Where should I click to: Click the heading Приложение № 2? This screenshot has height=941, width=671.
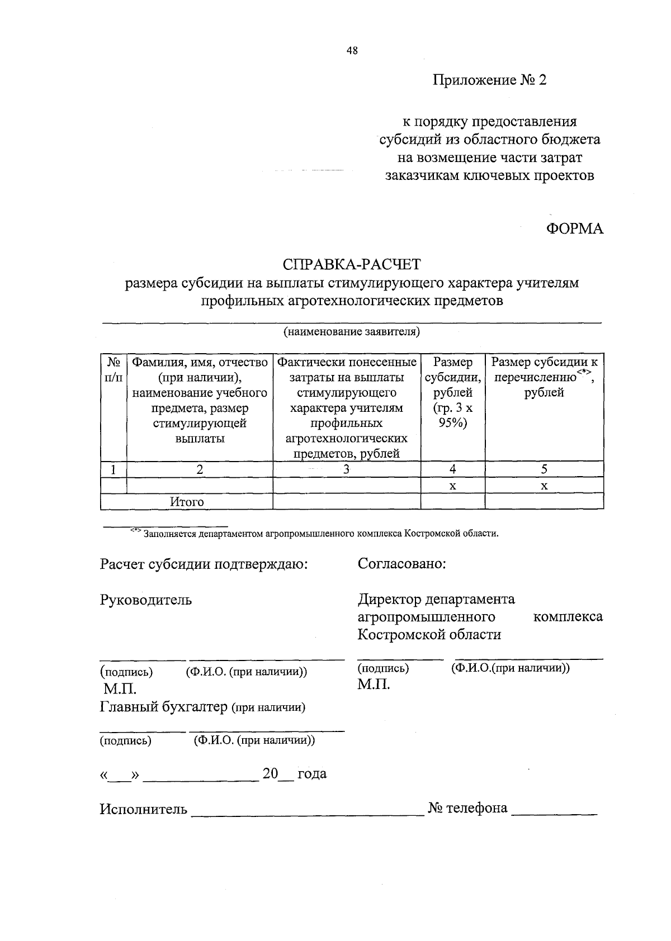point(489,80)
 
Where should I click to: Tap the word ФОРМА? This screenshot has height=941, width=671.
point(575,229)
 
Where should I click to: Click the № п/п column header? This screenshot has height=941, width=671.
point(114,370)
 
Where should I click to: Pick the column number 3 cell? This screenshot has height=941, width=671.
point(346,469)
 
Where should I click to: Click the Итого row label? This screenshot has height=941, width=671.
point(187,502)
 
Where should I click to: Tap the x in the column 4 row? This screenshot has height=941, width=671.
point(452,486)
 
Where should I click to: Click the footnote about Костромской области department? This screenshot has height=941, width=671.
point(320,533)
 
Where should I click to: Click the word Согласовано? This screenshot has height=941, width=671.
point(401,564)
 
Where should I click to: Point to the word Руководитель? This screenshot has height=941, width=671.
point(146,600)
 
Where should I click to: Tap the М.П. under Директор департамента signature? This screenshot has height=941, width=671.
point(374,685)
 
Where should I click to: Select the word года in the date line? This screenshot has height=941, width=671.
point(312,774)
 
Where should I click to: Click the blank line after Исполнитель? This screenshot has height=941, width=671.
point(308,813)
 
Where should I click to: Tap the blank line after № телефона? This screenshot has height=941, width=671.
point(554,813)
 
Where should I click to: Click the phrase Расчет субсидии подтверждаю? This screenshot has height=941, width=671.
point(204,564)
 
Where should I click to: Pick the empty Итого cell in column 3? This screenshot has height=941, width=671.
point(346,502)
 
